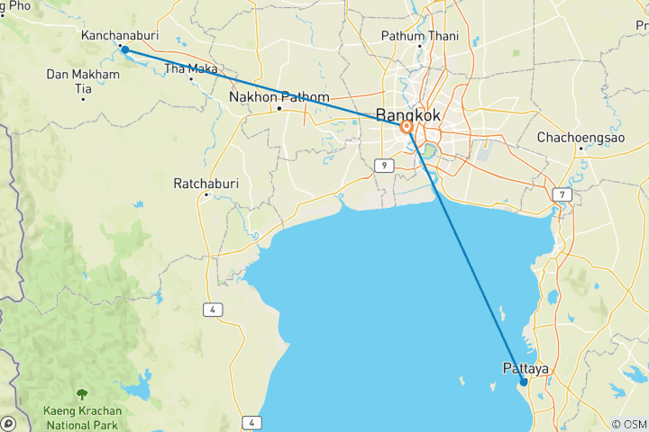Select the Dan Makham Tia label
(x=83, y=80)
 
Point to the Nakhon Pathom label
(x=279, y=97)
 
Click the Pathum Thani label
(x=419, y=36)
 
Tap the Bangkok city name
(x=408, y=114)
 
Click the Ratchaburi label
(x=206, y=184)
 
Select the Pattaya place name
(x=526, y=368)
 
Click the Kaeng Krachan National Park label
(x=81, y=417)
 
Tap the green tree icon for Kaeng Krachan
(x=82, y=393)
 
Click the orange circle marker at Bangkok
(x=407, y=128)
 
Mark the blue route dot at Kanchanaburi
(x=124, y=49)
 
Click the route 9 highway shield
(x=383, y=165)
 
